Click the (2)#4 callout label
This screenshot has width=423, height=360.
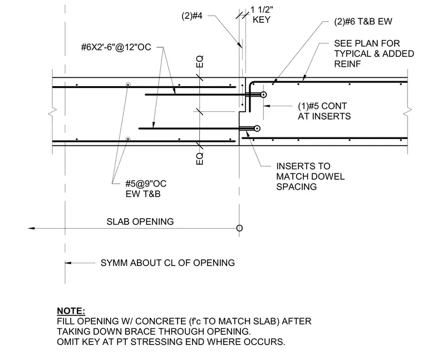tap(192, 16)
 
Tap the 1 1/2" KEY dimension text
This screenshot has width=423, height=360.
tap(262, 14)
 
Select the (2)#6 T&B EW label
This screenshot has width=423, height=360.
tap(363, 22)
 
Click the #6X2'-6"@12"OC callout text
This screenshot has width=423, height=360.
tap(116, 47)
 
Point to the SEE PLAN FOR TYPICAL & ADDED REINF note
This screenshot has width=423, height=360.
tap(374, 53)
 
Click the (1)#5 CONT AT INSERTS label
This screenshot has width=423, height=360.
tap(324, 111)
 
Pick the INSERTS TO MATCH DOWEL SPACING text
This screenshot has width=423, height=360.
tap(310, 176)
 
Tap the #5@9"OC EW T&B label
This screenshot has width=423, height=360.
tap(146, 189)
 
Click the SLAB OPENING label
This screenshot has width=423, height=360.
tap(140, 221)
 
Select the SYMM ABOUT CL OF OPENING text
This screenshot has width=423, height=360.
tap(168, 263)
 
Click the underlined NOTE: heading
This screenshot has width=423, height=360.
tap(71, 311)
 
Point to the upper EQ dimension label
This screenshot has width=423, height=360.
tap(200, 61)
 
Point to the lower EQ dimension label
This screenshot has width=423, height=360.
tap(200, 159)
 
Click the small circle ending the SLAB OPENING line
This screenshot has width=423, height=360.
tap(239, 228)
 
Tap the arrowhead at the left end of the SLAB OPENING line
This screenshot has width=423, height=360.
tap(31, 228)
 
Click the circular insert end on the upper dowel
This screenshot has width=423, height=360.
tap(264, 95)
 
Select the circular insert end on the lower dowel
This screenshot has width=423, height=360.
tap(257, 129)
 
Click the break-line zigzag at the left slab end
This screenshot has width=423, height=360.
tap(53, 112)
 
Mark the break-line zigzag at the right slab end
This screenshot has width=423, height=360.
tap(407, 112)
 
